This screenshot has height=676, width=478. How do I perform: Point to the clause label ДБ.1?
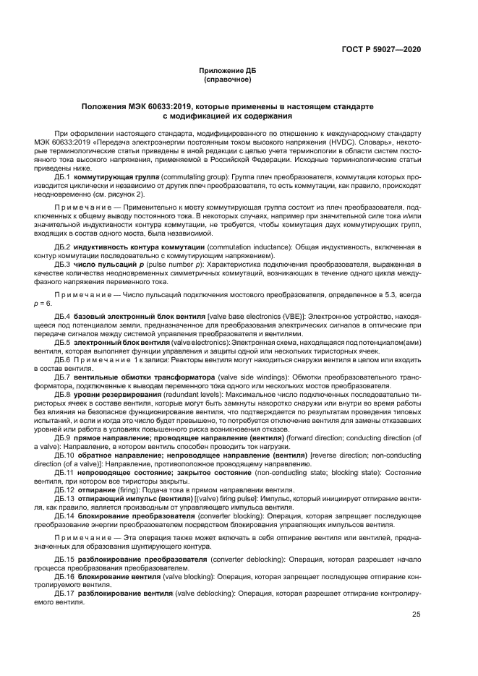click(63, 176)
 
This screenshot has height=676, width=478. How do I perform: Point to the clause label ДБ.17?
click(65, 593)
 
